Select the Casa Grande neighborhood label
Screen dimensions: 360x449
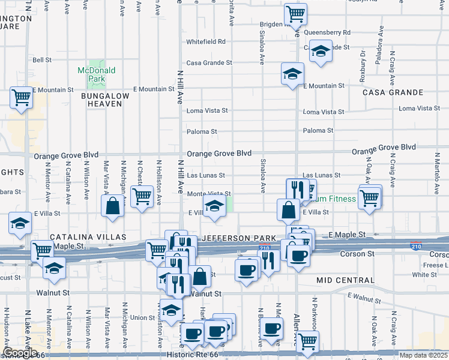click(x=385, y=92)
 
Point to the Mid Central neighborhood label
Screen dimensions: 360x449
click(x=345, y=280)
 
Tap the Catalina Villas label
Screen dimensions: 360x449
click(x=82, y=237)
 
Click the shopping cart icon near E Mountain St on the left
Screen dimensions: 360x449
click(x=21, y=97)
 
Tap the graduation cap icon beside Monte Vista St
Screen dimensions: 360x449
click(x=214, y=206)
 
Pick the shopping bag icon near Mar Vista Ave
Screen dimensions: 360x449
click(x=113, y=205)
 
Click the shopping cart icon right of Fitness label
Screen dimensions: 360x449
click(x=370, y=197)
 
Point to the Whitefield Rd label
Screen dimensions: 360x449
click(x=205, y=42)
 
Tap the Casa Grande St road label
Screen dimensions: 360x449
click(x=209, y=62)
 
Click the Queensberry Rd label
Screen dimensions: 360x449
click(x=327, y=32)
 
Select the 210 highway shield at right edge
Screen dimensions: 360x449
click(x=415, y=246)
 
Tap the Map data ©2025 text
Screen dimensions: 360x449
click(x=423, y=355)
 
